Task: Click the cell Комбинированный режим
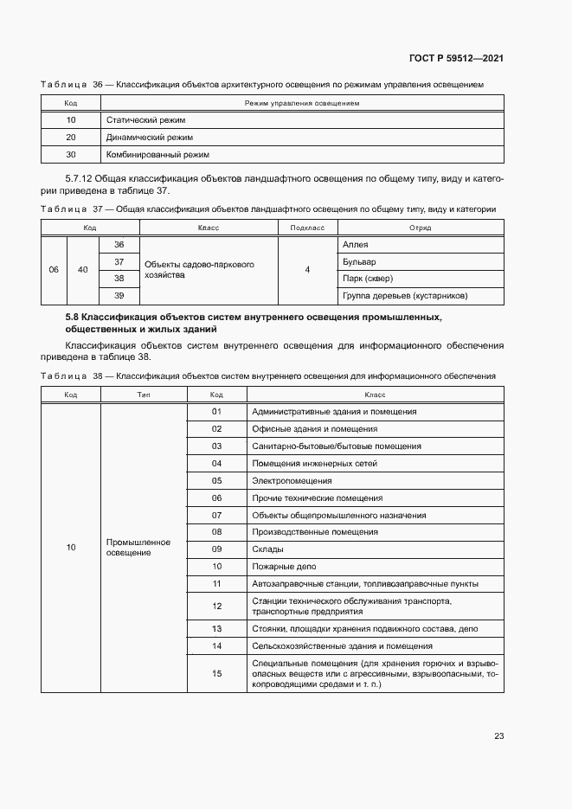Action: (x=157, y=155)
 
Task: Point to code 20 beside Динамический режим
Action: (x=71, y=138)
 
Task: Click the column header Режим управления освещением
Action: (x=302, y=103)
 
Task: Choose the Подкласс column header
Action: (x=307, y=228)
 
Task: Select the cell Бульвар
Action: (x=359, y=261)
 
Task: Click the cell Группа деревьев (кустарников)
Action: (x=405, y=296)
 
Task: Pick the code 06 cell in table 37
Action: (x=54, y=270)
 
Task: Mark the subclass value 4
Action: (x=307, y=270)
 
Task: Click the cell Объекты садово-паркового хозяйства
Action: (x=199, y=270)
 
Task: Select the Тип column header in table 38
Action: (x=144, y=395)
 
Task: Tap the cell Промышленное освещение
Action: (x=138, y=548)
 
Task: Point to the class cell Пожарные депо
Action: (x=284, y=567)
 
